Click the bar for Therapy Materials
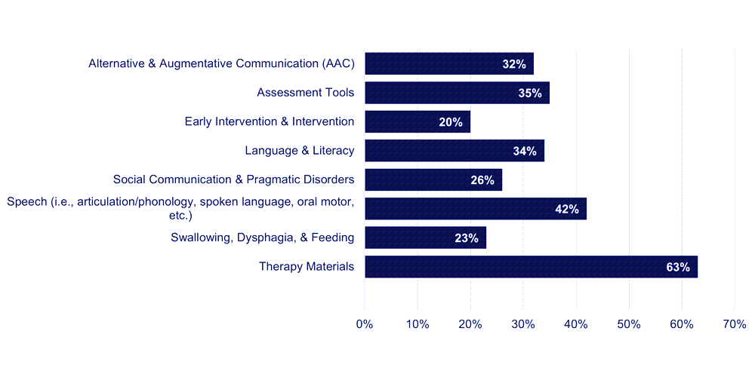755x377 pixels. tap(531, 267)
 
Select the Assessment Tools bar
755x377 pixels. tap(457, 93)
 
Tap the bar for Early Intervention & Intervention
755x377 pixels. tap(418, 121)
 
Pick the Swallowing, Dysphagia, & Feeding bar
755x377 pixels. tap(425, 238)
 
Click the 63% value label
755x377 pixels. tap(678, 267)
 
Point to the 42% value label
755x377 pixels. tap(566, 209)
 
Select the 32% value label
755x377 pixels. tap(513, 64)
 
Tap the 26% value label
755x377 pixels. tap(482, 180)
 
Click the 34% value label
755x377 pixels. tap(524, 151)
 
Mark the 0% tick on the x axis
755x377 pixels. tap(365, 323)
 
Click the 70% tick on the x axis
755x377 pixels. tap(735, 323)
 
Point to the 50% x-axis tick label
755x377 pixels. tap(629, 323)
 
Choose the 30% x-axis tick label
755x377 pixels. tap(523, 323)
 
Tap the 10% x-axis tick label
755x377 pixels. tap(418, 323)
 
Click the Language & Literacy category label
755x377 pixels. tap(299, 151)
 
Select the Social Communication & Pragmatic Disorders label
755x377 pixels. tap(233, 179)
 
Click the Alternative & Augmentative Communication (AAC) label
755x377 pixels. tap(221, 63)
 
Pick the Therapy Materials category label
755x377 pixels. tap(306, 266)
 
